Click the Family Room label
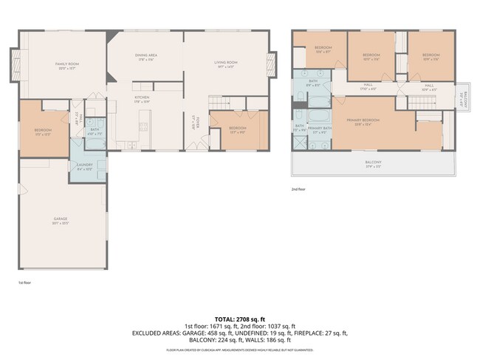point(67,66)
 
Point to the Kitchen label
point(142,99)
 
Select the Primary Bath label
point(319,130)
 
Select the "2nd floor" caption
point(298,189)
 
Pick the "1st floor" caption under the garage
point(24,282)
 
